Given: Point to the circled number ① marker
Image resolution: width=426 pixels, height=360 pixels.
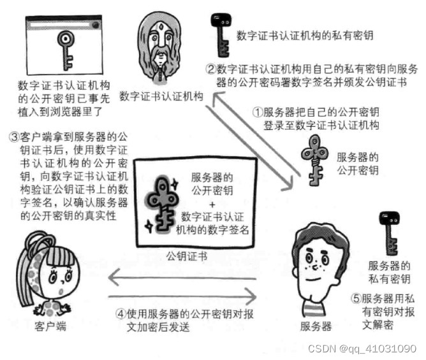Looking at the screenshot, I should click(258, 111).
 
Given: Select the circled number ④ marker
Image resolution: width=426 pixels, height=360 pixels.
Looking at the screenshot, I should click(121, 314).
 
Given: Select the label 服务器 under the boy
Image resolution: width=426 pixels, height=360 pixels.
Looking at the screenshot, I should click(316, 327).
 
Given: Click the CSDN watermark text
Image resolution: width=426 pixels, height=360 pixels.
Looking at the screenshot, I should click(361, 349).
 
